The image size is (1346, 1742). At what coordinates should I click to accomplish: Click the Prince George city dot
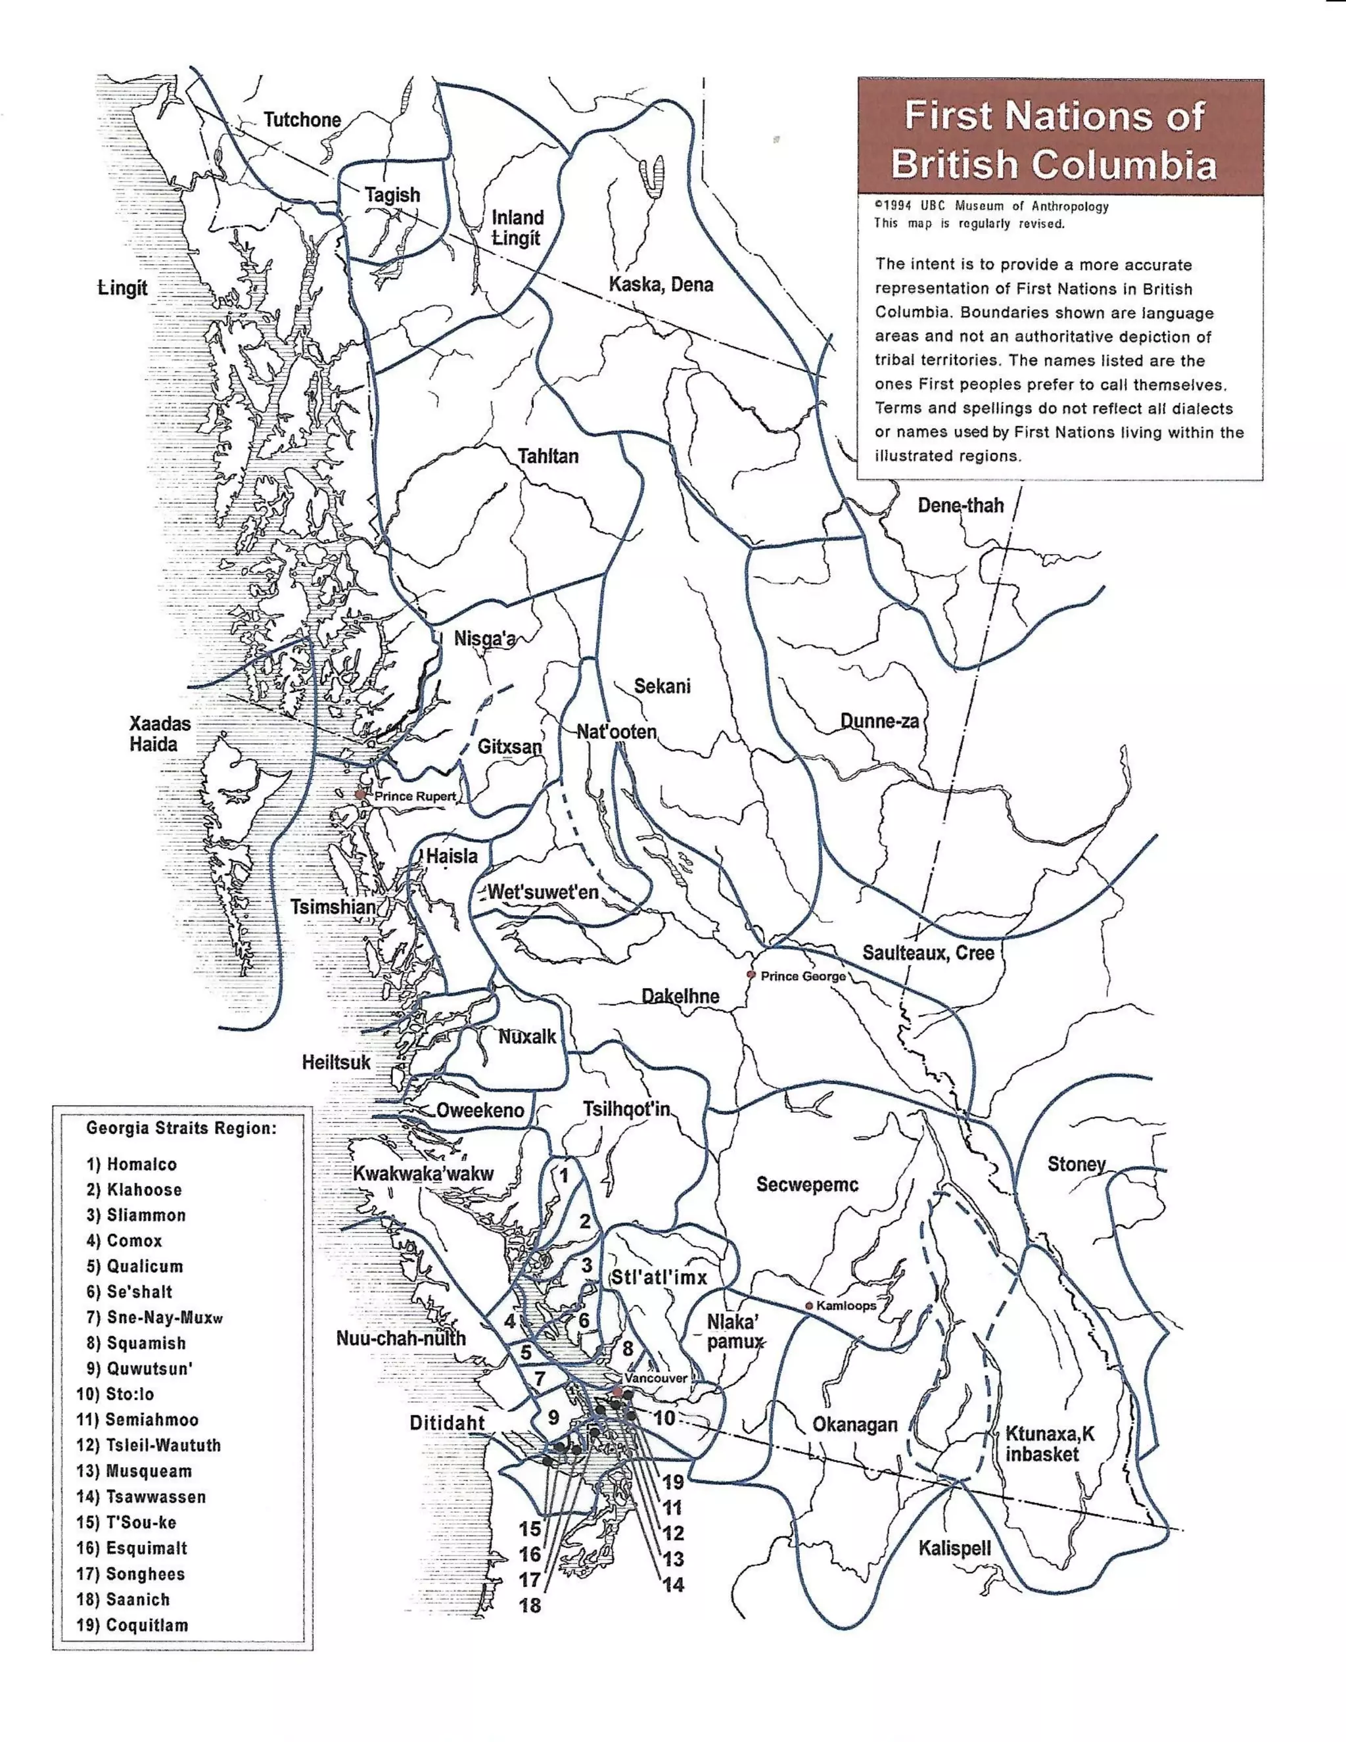click(x=751, y=975)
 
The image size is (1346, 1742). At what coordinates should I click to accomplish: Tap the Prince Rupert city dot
click(x=360, y=795)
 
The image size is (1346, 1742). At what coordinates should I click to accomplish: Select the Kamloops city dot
click(x=808, y=1306)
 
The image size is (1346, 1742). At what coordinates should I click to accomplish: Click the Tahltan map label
click(x=548, y=456)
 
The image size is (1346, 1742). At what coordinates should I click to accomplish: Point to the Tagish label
click(x=392, y=195)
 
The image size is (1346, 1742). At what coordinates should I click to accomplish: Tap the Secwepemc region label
click(x=807, y=1185)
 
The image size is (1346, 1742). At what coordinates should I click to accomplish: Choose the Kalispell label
click(x=954, y=1548)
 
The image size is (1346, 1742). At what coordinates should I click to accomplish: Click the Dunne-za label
click(x=879, y=721)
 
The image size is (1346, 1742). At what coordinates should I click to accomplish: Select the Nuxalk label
click(x=527, y=1037)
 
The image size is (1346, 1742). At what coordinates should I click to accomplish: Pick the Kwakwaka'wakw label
click(x=423, y=1173)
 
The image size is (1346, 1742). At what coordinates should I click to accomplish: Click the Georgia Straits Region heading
click(x=181, y=1128)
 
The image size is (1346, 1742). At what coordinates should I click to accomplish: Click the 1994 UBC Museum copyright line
click(x=992, y=206)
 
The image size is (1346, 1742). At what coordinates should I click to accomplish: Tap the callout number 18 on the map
click(x=530, y=1606)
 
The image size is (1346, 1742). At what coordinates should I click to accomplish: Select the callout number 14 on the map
click(x=674, y=1585)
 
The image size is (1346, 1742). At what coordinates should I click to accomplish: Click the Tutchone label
click(x=302, y=120)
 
